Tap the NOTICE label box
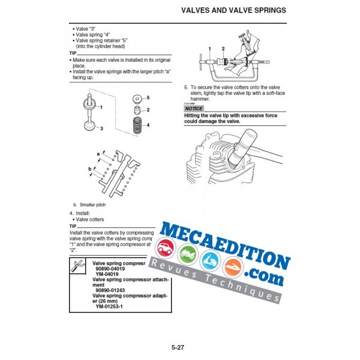click(x=194, y=109)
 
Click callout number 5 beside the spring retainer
click(x=148, y=97)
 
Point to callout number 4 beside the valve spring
click(x=148, y=124)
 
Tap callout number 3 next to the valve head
click(x=101, y=129)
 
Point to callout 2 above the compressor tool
click(x=223, y=48)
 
